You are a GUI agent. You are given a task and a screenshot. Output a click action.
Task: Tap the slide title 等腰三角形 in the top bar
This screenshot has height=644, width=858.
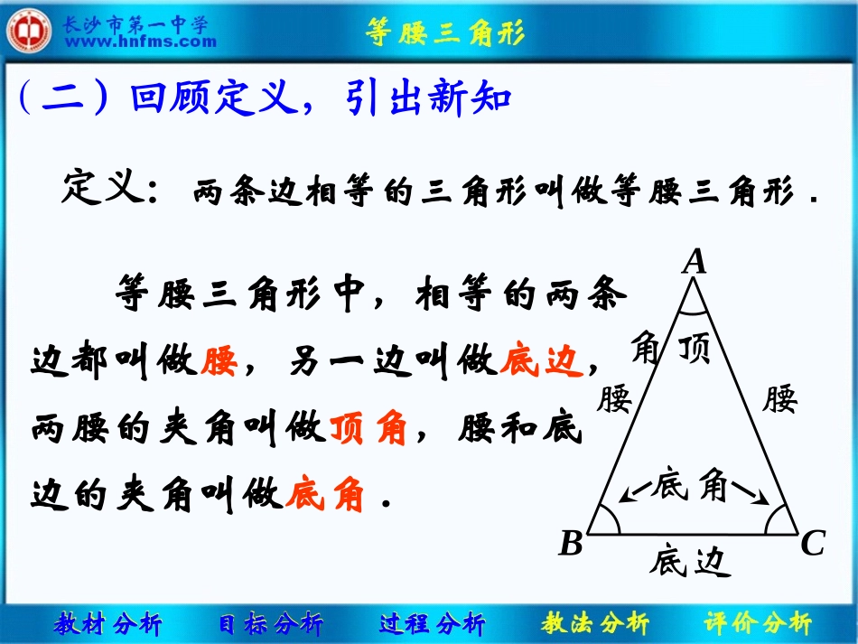point(445,33)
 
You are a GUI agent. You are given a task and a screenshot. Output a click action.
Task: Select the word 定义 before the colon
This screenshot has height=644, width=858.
point(100,190)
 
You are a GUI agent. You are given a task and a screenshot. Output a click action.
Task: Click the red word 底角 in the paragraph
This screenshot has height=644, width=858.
point(325,494)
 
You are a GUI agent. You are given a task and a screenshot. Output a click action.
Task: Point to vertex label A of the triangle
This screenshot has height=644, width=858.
point(694,262)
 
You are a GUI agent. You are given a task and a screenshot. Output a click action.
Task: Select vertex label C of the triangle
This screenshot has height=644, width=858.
point(813,544)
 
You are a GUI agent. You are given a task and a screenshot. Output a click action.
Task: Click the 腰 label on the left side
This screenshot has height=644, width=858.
point(614,397)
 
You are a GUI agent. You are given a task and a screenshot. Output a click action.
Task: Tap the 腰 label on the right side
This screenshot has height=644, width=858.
point(779,397)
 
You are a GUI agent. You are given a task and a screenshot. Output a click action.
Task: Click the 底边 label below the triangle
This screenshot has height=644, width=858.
point(687,562)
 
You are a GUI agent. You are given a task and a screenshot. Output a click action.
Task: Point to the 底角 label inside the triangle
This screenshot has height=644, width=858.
point(693,486)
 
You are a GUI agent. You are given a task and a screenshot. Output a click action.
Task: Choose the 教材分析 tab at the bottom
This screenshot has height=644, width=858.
point(108,623)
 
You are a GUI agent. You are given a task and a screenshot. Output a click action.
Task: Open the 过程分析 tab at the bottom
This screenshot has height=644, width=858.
point(432,623)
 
